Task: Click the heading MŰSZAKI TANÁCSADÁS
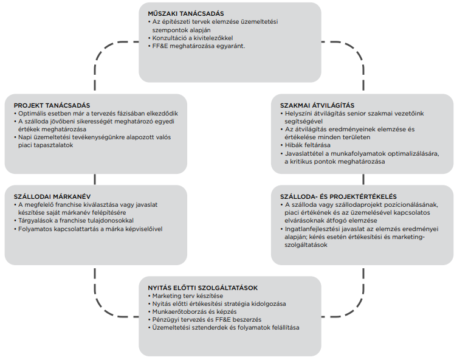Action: tap(185, 13)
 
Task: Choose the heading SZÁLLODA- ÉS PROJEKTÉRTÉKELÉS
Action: tap(335, 196)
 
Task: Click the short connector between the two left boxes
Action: tap(95, 179)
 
